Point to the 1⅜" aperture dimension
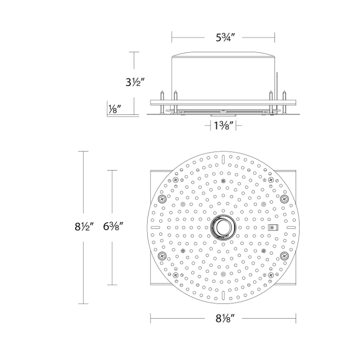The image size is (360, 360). [x=223, y=126]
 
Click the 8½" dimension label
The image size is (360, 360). [x=84, y=227]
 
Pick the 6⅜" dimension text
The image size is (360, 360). [x=113, y=227]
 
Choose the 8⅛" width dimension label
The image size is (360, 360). [x=225, y=318]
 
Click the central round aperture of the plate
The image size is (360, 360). [x=222, y=227]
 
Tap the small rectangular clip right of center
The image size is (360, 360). [x=273, y=228]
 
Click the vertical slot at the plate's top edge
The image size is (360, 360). [x=223, y=159]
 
